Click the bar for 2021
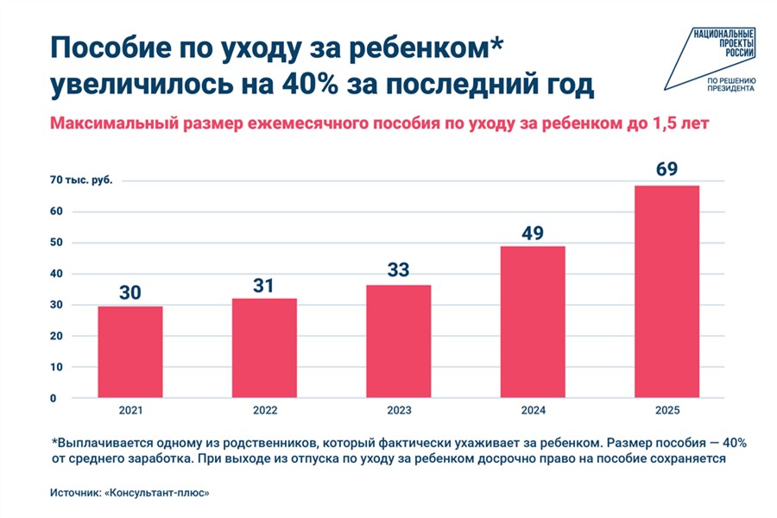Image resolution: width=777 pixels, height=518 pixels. pos(130,352)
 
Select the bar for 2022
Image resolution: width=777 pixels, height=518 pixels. pos(264,348)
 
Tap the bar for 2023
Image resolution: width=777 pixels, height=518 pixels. pos(399,341)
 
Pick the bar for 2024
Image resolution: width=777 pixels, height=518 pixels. pos(533,322)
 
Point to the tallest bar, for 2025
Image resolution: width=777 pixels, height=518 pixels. pos(666,292)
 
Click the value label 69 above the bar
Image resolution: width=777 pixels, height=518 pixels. pos(666,169)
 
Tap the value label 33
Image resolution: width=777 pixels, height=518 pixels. pos(399,269)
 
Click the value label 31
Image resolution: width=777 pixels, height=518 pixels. pos(264,285)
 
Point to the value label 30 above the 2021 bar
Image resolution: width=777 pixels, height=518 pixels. pos(130,293)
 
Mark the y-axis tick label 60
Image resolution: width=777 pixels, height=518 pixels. pos(55,212)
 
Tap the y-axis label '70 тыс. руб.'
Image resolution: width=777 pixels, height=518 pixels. pos(81,180)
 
